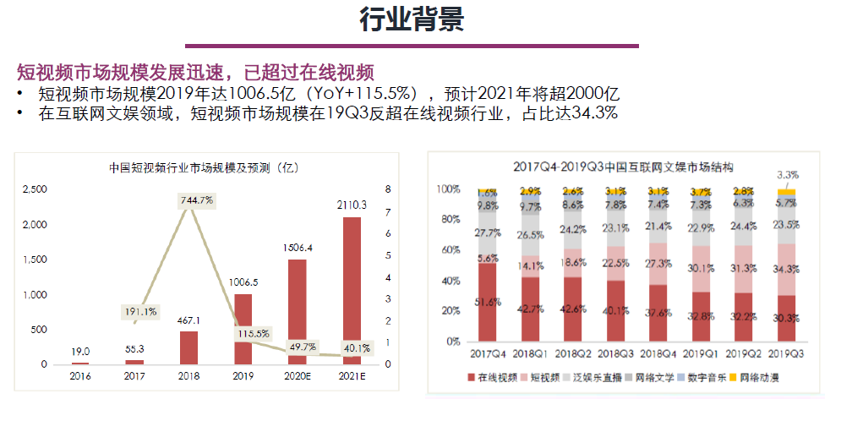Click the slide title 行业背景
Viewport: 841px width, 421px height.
(412, 20)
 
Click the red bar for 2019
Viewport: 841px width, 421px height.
(243, 329)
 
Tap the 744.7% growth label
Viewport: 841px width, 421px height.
(196, 200)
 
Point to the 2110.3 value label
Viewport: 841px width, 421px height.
(352, 205)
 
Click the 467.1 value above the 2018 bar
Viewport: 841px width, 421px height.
(189, 320)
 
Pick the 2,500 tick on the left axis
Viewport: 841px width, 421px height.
(34, 189)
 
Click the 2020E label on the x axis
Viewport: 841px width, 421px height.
(298, 377)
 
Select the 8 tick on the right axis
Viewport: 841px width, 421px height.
(389, 189)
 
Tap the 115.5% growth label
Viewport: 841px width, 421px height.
(254, 333)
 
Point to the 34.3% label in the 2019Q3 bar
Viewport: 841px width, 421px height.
(786, 269)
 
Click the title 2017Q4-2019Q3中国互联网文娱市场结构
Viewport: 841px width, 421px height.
(624, 167)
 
